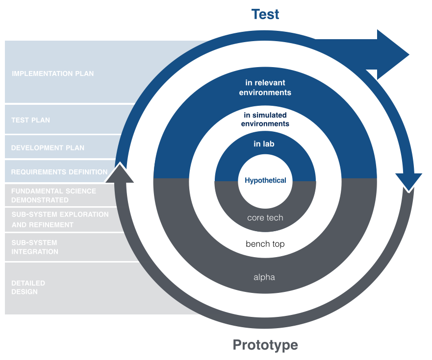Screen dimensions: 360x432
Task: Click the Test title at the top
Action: pyautogui.click(x=265, y=14)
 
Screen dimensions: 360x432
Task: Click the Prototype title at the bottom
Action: pyautogui.click(x=265, y=345)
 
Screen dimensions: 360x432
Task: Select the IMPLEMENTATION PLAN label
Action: pyautogui.click(x=52, y=73)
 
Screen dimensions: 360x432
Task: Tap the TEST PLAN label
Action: pyautogui.click(x=30, y=120)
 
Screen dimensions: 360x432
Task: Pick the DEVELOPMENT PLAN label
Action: pyautogui.click(x=48, y=147)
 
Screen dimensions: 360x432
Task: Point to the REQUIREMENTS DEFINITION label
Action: pyautogui.click(x=59, y=172)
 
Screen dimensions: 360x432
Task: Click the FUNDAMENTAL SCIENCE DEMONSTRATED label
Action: pyautogui.click(x=53, y=195)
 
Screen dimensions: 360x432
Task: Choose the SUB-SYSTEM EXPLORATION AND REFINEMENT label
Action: pyautogui.click(x=60, y=219)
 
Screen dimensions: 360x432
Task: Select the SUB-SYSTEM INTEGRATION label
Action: pyautogui.click(x=34, y=247)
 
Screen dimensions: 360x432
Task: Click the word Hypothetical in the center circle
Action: pyautogui.click(x=265, y=180)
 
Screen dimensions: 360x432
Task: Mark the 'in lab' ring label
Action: pyautogui.click(x=264, y=144)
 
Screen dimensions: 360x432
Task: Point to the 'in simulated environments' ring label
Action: pyautogui.click(x=265, y=120)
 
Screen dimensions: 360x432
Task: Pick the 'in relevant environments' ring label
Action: pyautogui.click(x=265, y=88)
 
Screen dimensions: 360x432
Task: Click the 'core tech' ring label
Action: pyautogui.click(x=265, y=217)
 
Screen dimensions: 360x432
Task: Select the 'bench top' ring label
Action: pyautogui.click(x=265, y=243)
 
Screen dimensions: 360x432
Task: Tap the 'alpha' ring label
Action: pyautogui.click(x=264, y=277)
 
